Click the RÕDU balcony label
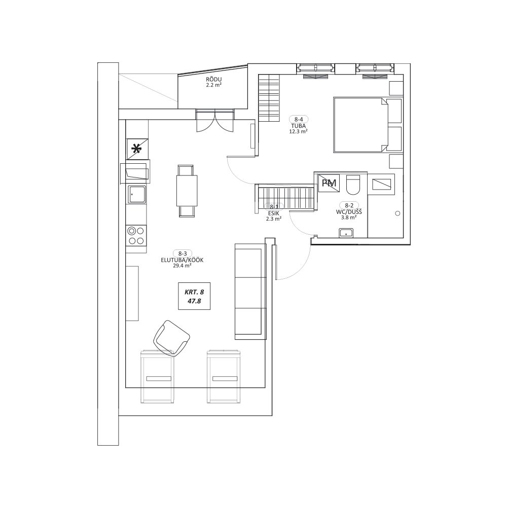(214, 80)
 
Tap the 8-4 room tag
(299, 119)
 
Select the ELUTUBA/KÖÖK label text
(182, 260)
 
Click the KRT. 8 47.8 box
(194, 296)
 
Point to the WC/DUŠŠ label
(349, 212)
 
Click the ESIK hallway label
(274, 213)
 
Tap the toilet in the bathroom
(353, 185)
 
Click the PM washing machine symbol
(329, 183)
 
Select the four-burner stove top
(136, 236)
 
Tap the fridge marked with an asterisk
(137, 149)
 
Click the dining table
(187, 191)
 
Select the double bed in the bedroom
(368, 125)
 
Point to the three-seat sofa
(250, 292)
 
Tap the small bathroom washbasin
(346, 233)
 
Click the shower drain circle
(397, 213)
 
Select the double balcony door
(214, 120)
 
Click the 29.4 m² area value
(182, 266)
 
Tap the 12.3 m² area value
(298, 131)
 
